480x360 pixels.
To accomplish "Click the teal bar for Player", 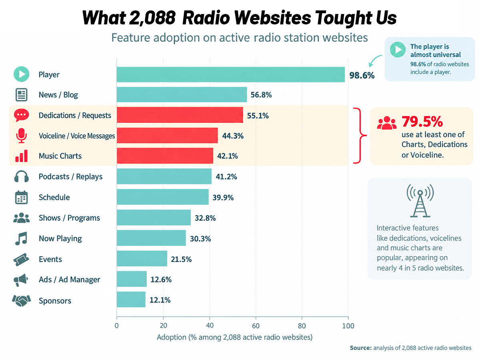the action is coord(231,74).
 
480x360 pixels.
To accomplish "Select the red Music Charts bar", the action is coord(165,156).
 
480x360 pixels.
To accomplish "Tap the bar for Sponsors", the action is coord(131,300).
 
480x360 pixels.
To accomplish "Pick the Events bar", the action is coord(142,258).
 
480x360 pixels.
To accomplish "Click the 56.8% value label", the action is coord(261,95).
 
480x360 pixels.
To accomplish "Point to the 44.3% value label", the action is coord(233,136).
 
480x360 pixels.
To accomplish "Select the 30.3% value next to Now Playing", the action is coord(200,239).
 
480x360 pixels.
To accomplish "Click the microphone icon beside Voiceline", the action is coord(22,136).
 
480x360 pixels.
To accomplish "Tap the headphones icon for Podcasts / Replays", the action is coord(22,176).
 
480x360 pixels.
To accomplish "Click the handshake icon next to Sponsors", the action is coord(22,300).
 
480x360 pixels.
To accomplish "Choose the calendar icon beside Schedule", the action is coord(22,197).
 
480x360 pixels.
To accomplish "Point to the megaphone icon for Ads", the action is coord(21,280).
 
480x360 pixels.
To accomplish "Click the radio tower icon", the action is coord(420,201).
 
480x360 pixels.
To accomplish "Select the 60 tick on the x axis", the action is coord(256,326).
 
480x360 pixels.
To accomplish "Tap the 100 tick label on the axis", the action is coord(348,326).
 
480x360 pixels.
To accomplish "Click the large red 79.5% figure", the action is coord(422,122).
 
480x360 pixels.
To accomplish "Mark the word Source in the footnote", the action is coord(361,348).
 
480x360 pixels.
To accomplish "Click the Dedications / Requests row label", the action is coord(75,116).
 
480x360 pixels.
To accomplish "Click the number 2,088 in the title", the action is coord(152,18).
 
